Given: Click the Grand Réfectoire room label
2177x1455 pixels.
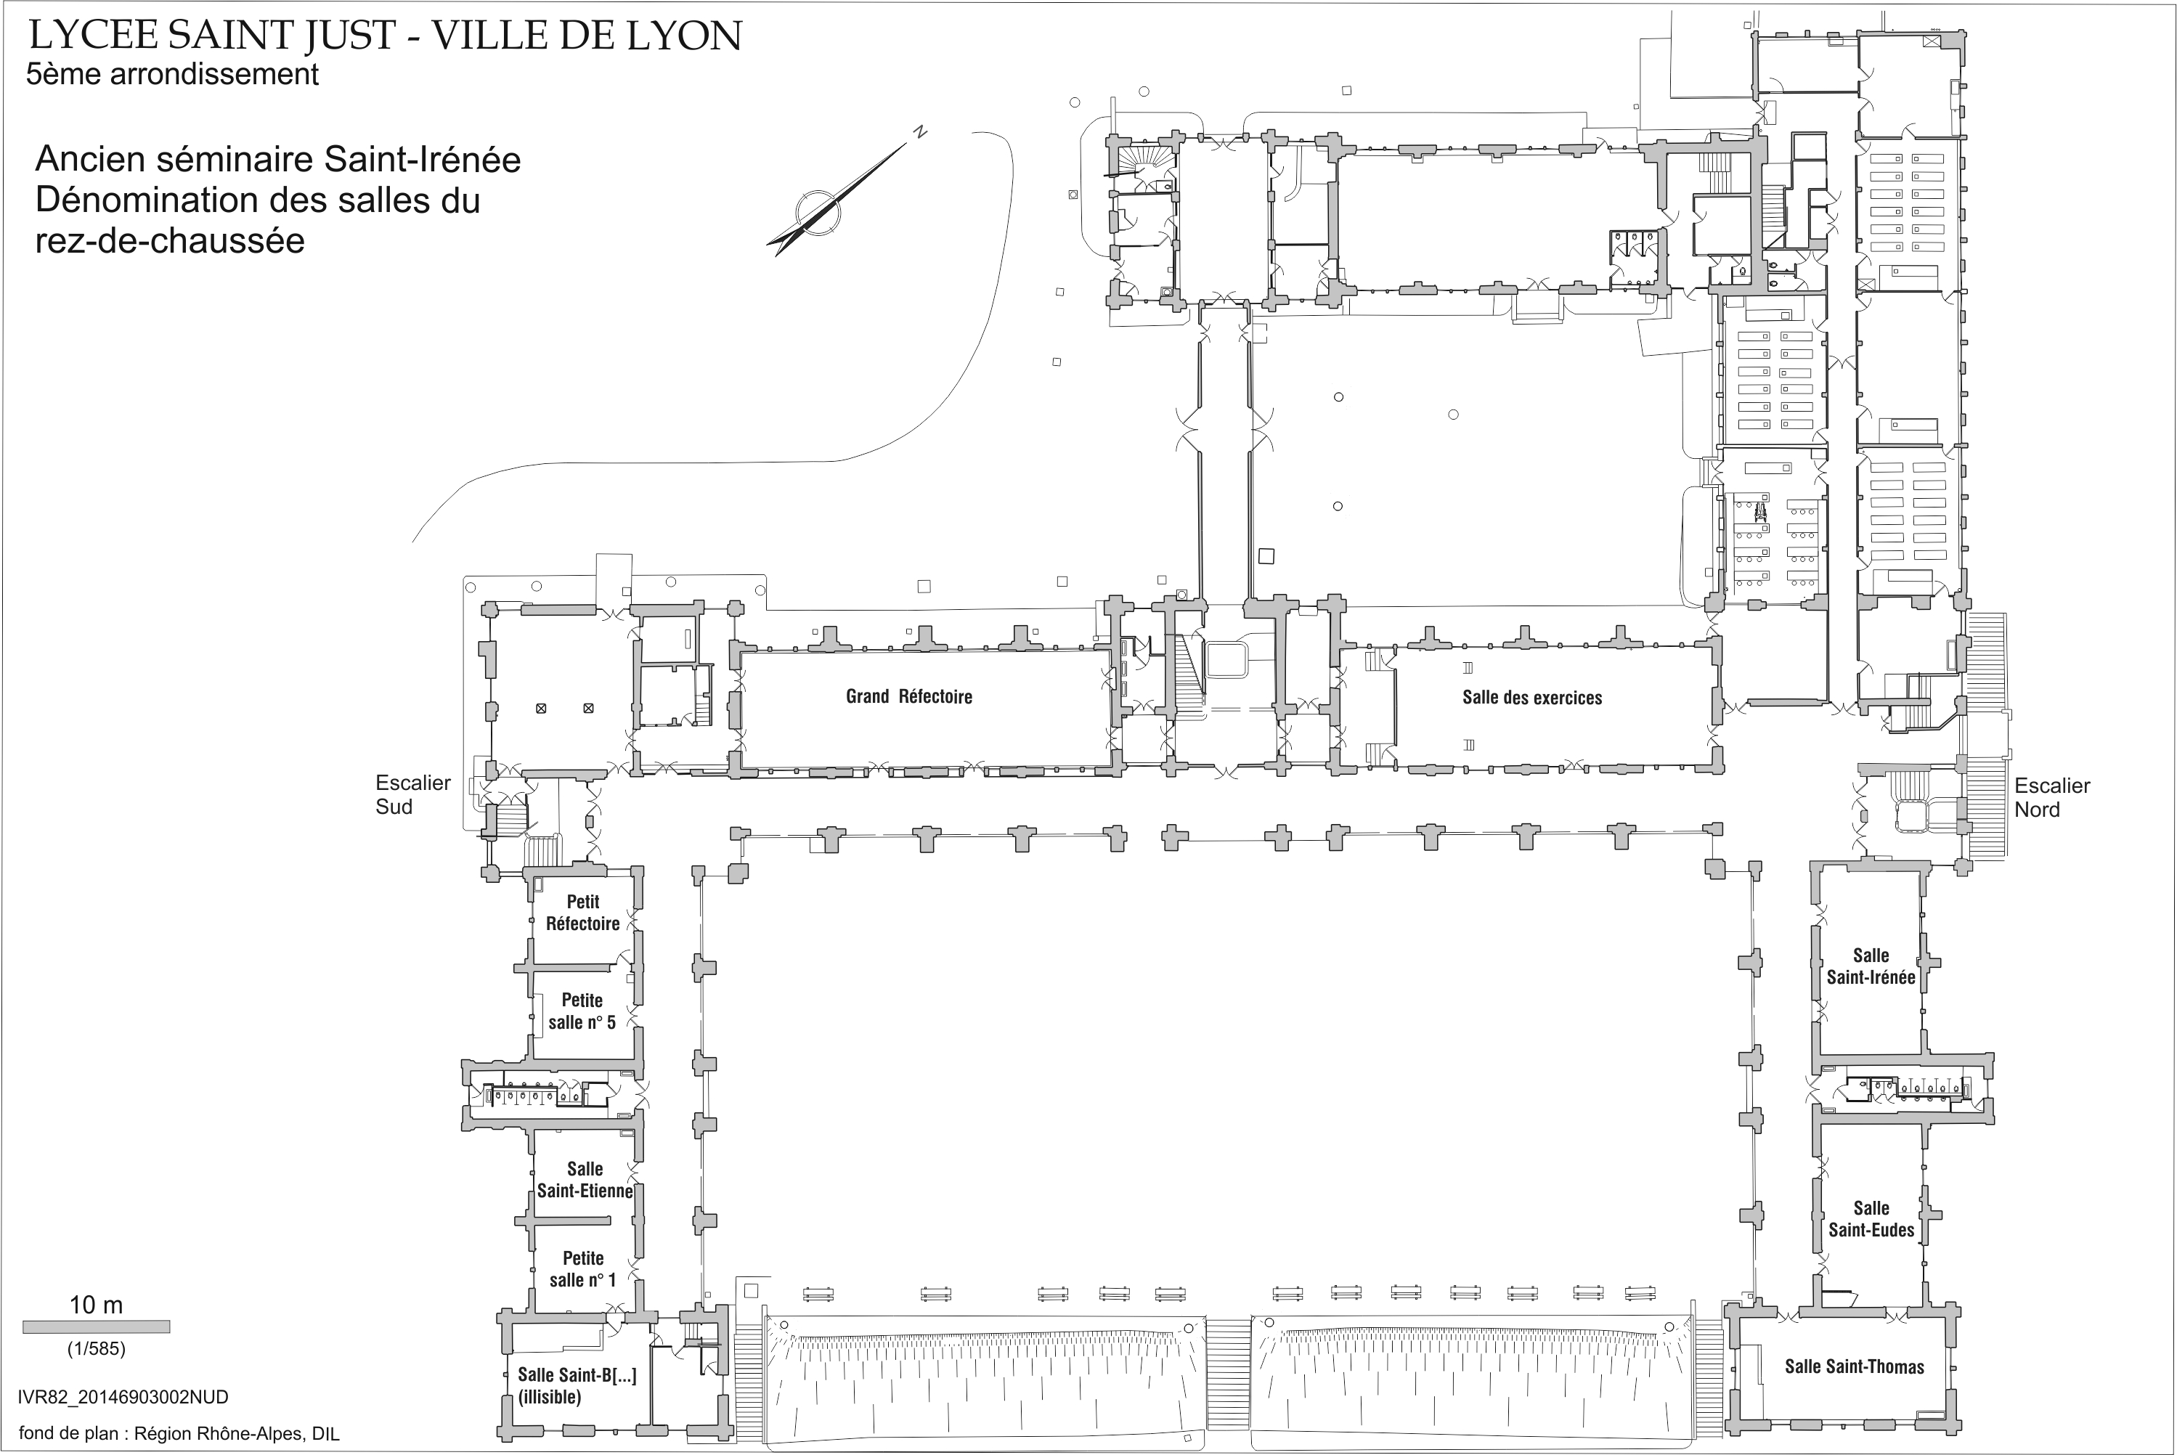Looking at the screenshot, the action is click(908, 697).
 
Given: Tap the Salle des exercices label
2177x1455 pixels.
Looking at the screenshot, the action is click(1532, 698).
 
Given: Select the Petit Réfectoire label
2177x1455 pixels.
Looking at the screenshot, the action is click(583, 912).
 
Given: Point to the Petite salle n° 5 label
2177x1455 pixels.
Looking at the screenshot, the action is click(582, 1011).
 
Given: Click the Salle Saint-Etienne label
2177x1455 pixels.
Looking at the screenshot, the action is click(585, 1179).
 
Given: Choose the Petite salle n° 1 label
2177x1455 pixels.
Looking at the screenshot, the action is click(583, 1268).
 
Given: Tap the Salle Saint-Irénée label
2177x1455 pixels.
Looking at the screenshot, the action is click(1871, 966).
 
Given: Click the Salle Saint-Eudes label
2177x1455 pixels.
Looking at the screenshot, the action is click(1871, 1218).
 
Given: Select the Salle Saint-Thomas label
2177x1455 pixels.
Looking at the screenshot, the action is click(1854, 1366).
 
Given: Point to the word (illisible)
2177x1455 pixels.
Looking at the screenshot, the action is click(550, 1396).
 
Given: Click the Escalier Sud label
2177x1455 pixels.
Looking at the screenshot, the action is click(413, 794).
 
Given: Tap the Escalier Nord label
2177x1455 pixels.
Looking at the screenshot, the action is click(2051, 797).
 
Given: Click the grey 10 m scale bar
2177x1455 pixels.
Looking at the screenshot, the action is click(97, 1327).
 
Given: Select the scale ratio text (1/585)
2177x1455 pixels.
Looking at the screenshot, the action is click(96, 1348).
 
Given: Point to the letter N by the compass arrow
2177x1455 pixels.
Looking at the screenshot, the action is click(919, 131).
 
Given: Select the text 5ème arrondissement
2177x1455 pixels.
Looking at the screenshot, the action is click(173, 74).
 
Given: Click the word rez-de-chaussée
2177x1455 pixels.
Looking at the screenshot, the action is click(170, 240).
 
